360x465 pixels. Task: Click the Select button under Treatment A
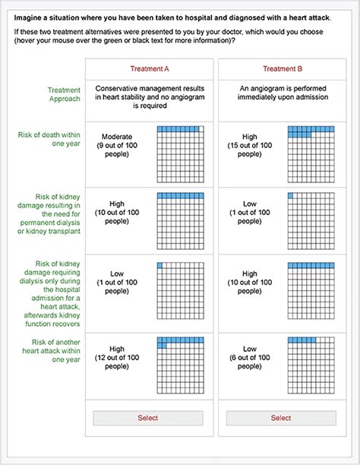[x=148, y=418]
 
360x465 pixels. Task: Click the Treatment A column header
[x=150, y=69]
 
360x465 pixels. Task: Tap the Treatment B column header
[x=283, y=69]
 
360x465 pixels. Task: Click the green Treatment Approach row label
[x=64, y=94]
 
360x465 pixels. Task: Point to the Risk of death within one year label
[x=49, y=139]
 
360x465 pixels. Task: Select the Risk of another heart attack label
[x=52, y=351]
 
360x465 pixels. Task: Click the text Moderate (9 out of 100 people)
[x=117, y=145]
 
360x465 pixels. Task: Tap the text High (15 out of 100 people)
[x=250, y=145]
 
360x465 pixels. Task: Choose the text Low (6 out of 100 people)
[x=250, y=357]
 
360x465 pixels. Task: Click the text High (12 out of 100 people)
[x=117, y=357]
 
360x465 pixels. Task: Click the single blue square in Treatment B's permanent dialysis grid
[x=290, y=196]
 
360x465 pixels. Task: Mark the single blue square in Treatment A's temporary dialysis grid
[x=159, y=265]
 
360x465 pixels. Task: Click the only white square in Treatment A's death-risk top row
[x=201, y=129]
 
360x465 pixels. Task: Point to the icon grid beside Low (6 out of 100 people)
[x=311, y=365]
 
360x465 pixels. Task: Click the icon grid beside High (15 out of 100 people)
[x=311, y=154]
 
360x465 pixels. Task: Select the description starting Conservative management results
[x=150, y=97]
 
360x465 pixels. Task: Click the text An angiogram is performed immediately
[x=283, y=93]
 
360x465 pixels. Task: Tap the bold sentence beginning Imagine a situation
[x=172, y=17]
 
